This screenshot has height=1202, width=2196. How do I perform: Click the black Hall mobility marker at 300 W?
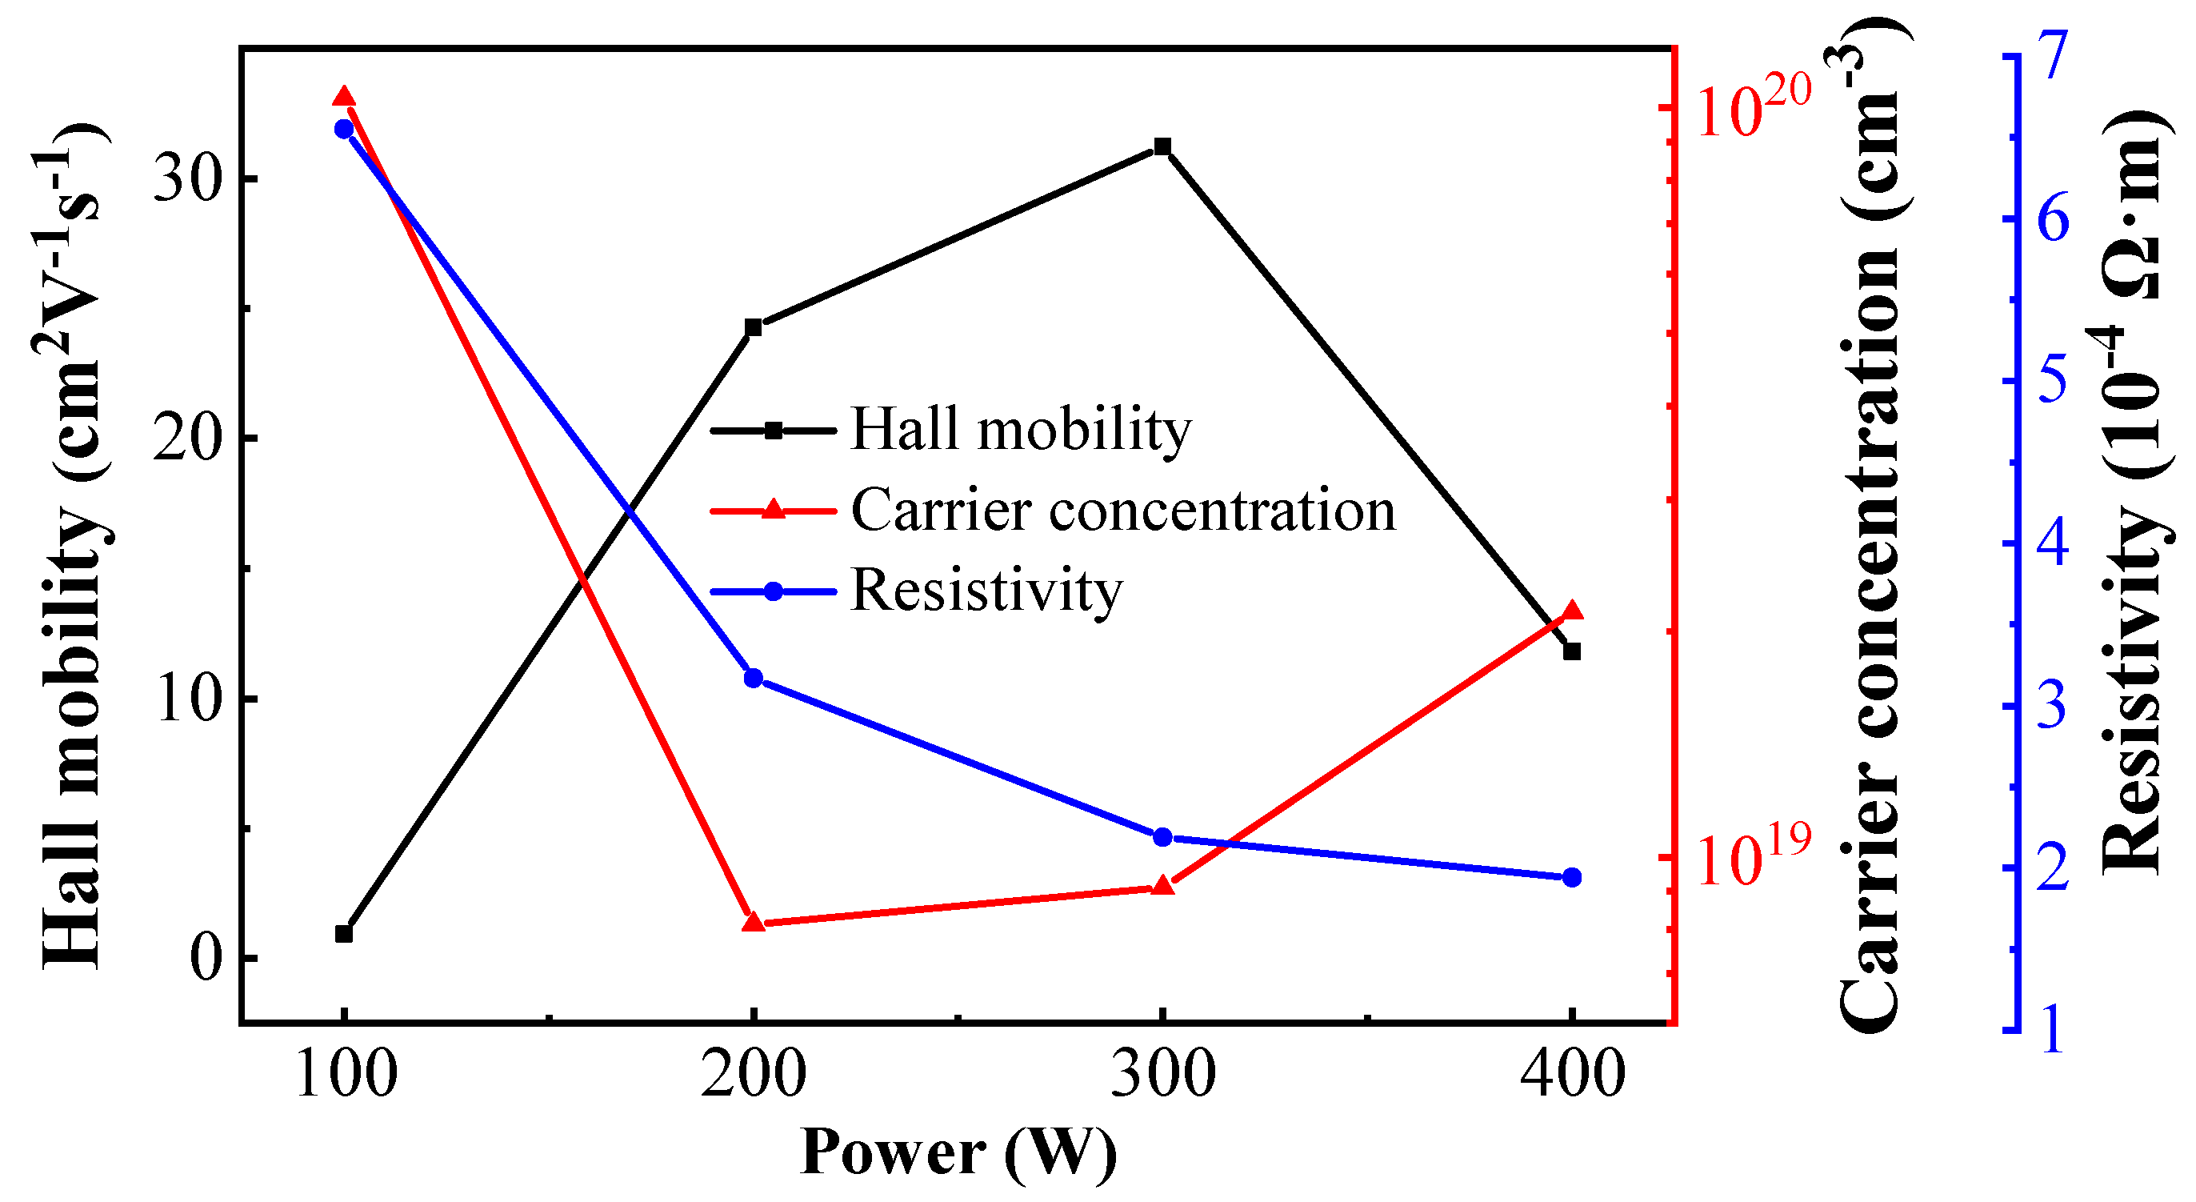tap(1162, 146)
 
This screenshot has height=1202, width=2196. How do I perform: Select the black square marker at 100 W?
tap(343, 933)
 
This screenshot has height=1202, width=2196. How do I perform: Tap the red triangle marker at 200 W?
tap(754, 923)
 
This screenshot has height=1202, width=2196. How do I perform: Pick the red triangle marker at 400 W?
tap(1573, 611)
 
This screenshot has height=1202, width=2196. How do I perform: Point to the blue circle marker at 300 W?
tap(1162, 837)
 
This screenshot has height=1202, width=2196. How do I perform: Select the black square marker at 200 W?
tap(754, 327)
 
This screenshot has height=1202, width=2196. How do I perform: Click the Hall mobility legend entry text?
tap(1021, 429)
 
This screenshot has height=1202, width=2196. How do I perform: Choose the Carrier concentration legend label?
tap(1122, 511)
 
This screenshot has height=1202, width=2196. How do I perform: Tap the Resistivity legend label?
tap(986, 590)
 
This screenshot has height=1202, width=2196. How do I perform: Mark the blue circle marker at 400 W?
tap(1573, 878)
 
